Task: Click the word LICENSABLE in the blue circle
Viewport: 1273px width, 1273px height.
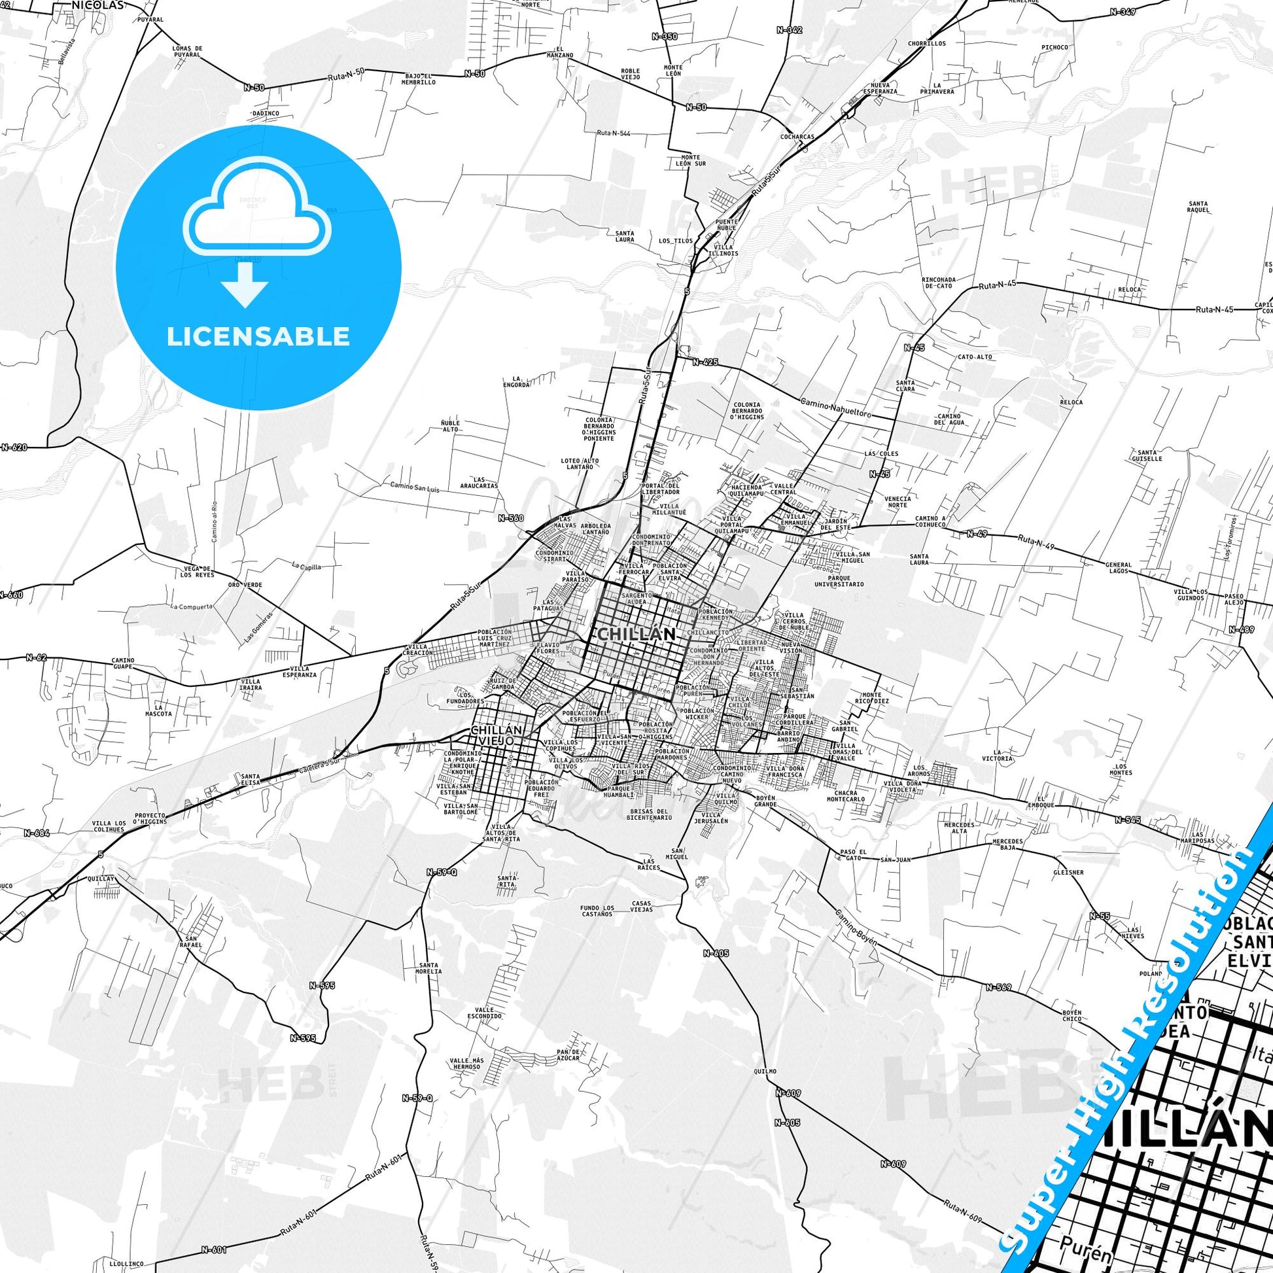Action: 258,336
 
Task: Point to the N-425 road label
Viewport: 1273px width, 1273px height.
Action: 705,362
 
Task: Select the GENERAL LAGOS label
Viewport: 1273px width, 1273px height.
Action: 1119,567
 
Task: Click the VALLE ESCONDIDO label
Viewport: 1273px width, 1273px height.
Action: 483,1031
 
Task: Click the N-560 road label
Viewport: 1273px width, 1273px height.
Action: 511,518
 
